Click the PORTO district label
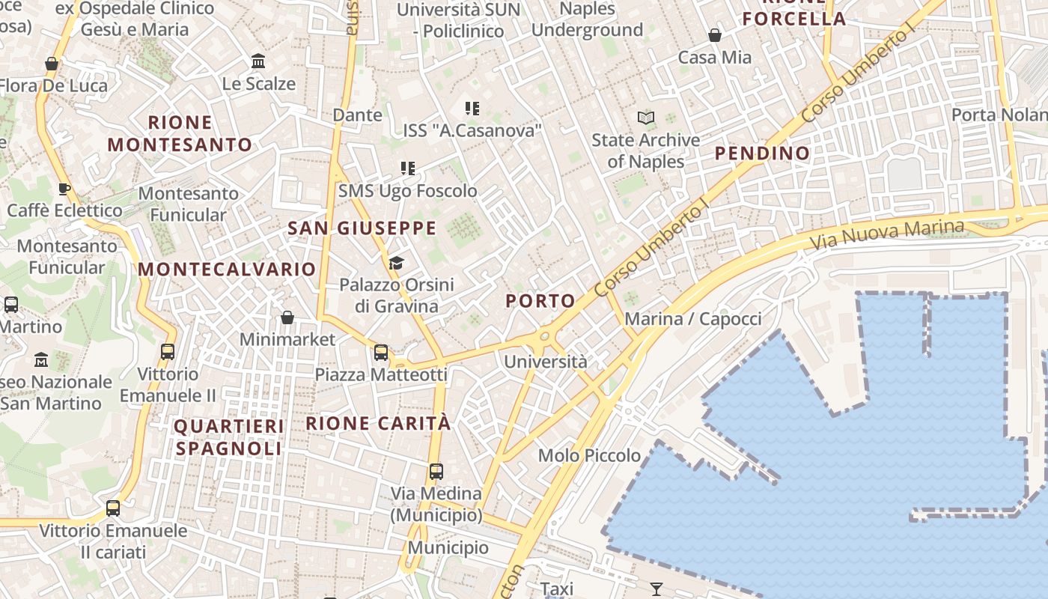[x=540, y=301]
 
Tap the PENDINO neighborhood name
[x=762, y=153]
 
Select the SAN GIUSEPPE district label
[x=362, y=228]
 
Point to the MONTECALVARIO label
[x=227, y=270]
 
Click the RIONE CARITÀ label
[x=378, y=423]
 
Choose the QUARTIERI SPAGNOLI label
[x=228, y=437]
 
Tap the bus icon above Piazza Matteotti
[x=381, y=352]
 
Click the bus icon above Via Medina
[x=436, y=472]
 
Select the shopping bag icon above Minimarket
[x=287, y=317]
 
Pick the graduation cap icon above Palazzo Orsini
[x=396, y=263]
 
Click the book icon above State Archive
[x=645, y=118]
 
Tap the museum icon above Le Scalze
[x=258, y=61]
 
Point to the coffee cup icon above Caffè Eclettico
[x=64, y=188]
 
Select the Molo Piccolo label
[x=589, y=455]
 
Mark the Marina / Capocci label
[x=692, y=319]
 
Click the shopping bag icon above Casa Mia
[x=715, y=35]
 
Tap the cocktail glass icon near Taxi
[x=656, y=589]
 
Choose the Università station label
[x=546, y=362]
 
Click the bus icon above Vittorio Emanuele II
[x=168, y=351]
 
